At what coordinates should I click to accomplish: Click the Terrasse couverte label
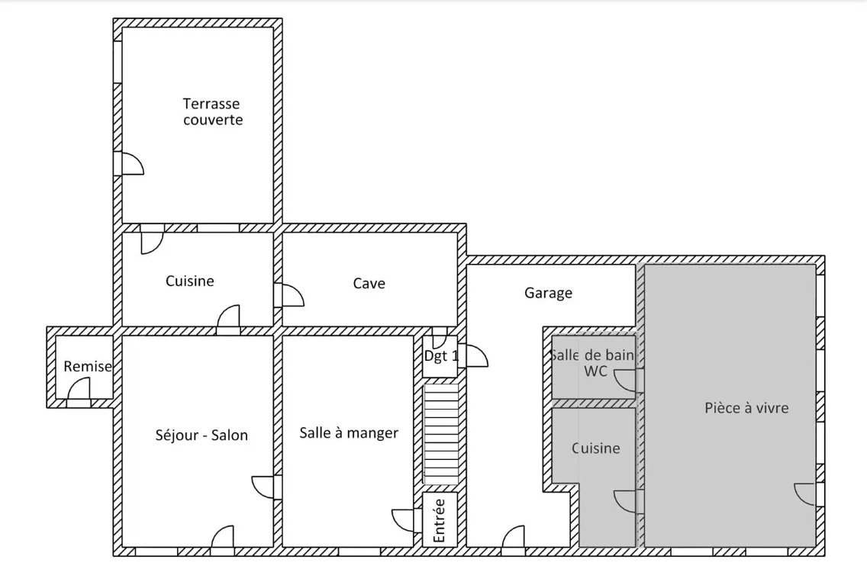pyautogui.click(x=213, y=111)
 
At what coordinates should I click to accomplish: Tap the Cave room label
pyautogui.click(x=369, y=284)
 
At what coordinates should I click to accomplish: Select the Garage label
pyautogui.click(x=548, y=293)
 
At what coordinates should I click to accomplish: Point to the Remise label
pyautogui.click(x=87, y=366)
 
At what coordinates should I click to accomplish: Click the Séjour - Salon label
pyautogui.click(x=201, y=435)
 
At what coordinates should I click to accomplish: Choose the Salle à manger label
pyautogui.click(x=349, y=432)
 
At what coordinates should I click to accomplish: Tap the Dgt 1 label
pyautogui.click(x=441, y=356)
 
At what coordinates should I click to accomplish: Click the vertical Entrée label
pyautogui.click(x=439, y=521)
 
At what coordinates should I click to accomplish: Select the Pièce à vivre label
pyautogui.click(x=746, y=408)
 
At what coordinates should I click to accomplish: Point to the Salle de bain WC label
pyautogui.click(x=593, y=363)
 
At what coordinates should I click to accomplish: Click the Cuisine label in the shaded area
pyautogui.click(x=595, y=448)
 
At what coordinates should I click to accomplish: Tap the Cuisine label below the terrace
pyautogui.click(x=189, y=281)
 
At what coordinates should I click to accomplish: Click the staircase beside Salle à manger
pyautogui.click(x=440, y=435)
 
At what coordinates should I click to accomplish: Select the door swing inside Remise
pyautogui.click(x=79, y=388)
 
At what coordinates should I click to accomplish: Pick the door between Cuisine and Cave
pyautogui.click(x=293, y=295)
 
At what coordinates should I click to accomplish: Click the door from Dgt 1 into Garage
pyautogui.click(x=477, y=356)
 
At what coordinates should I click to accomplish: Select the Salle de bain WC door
pyautogui.click(x=625, y=381)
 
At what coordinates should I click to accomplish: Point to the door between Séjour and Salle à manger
pyautogui.click(x=263, y=487)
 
